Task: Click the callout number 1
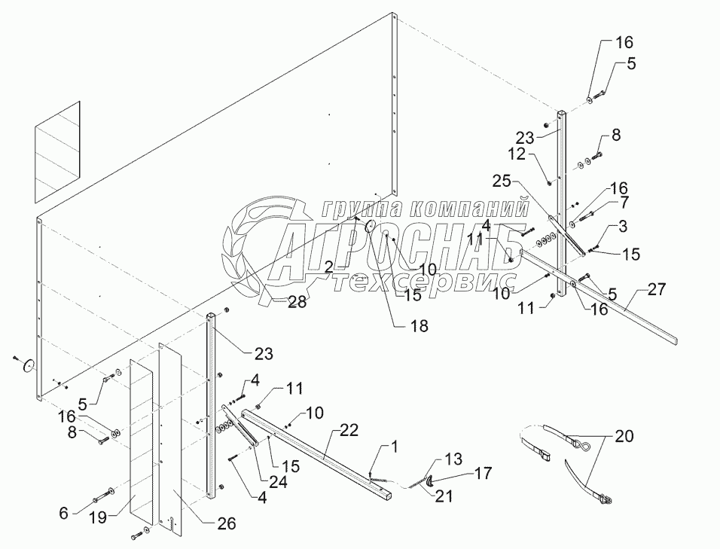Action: point(392,447)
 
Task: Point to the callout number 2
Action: point(329,267)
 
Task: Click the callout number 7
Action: point(624,203)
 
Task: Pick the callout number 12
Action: point(517,154)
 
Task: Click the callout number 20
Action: point(624,435)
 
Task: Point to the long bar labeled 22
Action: point(316,450)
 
